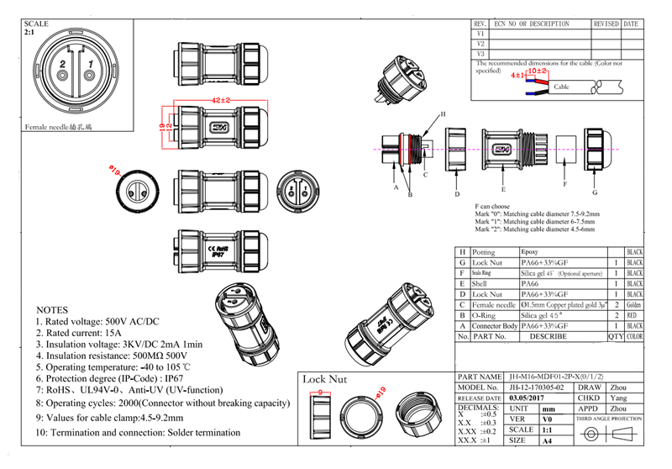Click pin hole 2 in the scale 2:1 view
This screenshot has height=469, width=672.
(x=62, y=77)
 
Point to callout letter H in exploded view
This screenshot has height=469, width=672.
(x=443, y=113)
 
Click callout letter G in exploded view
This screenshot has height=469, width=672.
(x=594, y=180)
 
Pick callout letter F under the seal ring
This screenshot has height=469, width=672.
(x=564, y=184)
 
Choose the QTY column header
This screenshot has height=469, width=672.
(x=617, y=336)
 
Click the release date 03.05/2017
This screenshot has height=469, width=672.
(x=527, y=398)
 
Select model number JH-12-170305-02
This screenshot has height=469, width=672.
(x=540, y=387)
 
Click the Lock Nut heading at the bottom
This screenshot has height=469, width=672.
(x=324, y=379)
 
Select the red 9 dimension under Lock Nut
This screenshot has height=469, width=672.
(x=321, y=392)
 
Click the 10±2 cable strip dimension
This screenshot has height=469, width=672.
(x=537, y=71)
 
